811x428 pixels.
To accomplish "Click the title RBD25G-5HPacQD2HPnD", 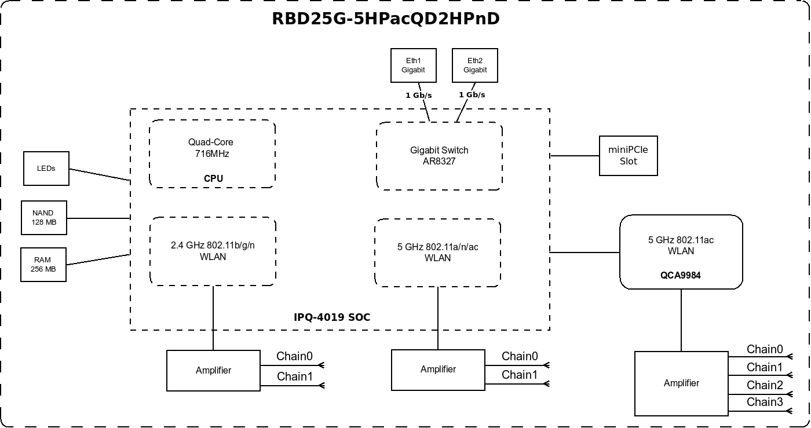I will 385,19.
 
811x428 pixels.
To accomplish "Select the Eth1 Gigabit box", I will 413,65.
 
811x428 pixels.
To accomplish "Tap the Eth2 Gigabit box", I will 475,65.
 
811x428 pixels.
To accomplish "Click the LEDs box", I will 46,169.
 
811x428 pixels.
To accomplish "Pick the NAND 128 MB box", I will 44,218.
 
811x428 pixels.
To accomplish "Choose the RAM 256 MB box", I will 43,265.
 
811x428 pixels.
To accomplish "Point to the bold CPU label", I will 213,178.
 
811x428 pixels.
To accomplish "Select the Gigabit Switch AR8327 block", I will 439,156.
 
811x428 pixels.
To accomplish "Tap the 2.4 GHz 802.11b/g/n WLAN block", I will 213,251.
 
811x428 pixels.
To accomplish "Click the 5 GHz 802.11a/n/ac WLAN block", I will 437,253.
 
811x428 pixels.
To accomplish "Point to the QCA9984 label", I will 681,275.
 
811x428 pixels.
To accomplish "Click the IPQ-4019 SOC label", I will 332,317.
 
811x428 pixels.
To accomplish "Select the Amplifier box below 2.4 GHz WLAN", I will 213,371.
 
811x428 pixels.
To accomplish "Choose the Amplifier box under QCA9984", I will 681,383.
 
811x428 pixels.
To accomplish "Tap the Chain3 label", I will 765,402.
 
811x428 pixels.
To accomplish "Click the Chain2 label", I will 765,385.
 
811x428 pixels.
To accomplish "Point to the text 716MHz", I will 212,153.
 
